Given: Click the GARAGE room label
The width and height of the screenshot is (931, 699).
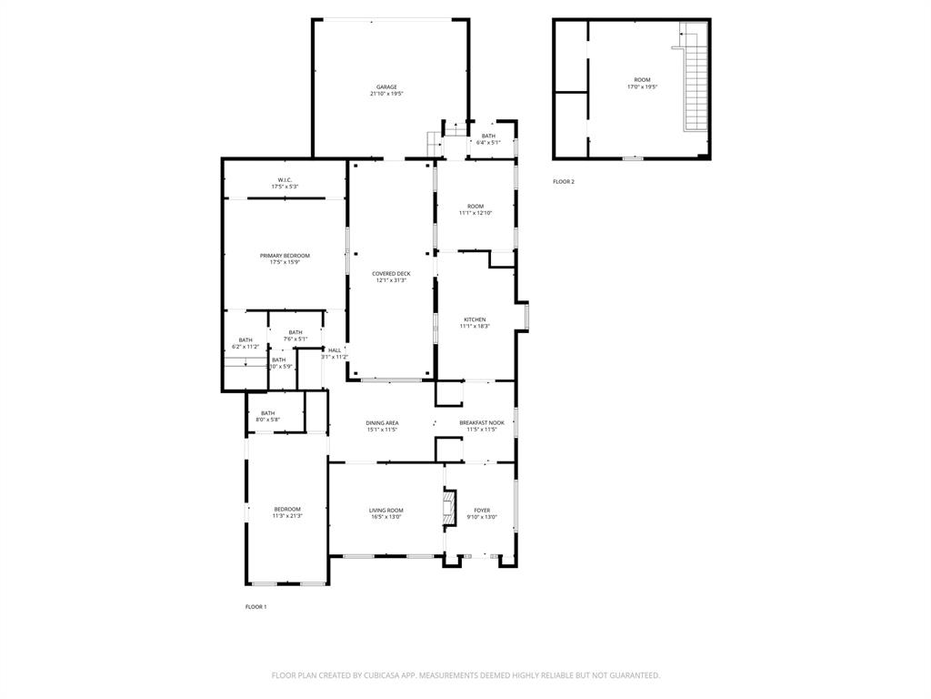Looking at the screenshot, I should (386, 87).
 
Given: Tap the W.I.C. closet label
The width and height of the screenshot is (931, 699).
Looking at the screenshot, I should (284, 180).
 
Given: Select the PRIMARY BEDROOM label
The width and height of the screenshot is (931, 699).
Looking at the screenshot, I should (285, 256).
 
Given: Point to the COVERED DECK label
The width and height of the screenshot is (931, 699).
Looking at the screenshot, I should (391, 274).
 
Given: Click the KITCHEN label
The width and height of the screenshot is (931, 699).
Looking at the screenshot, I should (475, 319).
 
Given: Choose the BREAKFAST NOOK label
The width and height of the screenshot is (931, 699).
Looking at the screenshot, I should (481, 422).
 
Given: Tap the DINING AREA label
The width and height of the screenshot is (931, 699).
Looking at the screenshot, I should (382, 422).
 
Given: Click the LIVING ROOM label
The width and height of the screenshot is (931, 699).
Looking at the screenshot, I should (386, 511).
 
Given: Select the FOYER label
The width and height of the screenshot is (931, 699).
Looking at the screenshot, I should (482, 511).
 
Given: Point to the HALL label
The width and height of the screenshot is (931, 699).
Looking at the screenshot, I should (335, 350).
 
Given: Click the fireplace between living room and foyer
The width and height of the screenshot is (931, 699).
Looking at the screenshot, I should (447, 509).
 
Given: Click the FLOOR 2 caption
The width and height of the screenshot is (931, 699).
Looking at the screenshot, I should (564, 182).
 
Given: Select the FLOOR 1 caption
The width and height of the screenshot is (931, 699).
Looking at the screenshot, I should (255, 607).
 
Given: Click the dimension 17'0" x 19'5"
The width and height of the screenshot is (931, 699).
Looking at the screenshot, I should (642, 87).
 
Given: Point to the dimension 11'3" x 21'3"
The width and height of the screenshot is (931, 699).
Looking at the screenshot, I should (287, 516).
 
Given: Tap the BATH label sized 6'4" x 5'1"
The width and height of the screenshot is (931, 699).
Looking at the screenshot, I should (488, 136).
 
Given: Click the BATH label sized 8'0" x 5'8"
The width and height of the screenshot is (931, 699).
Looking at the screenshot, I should (268, 413).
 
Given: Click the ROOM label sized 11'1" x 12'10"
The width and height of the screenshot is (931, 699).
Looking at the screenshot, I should (476, 206).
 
